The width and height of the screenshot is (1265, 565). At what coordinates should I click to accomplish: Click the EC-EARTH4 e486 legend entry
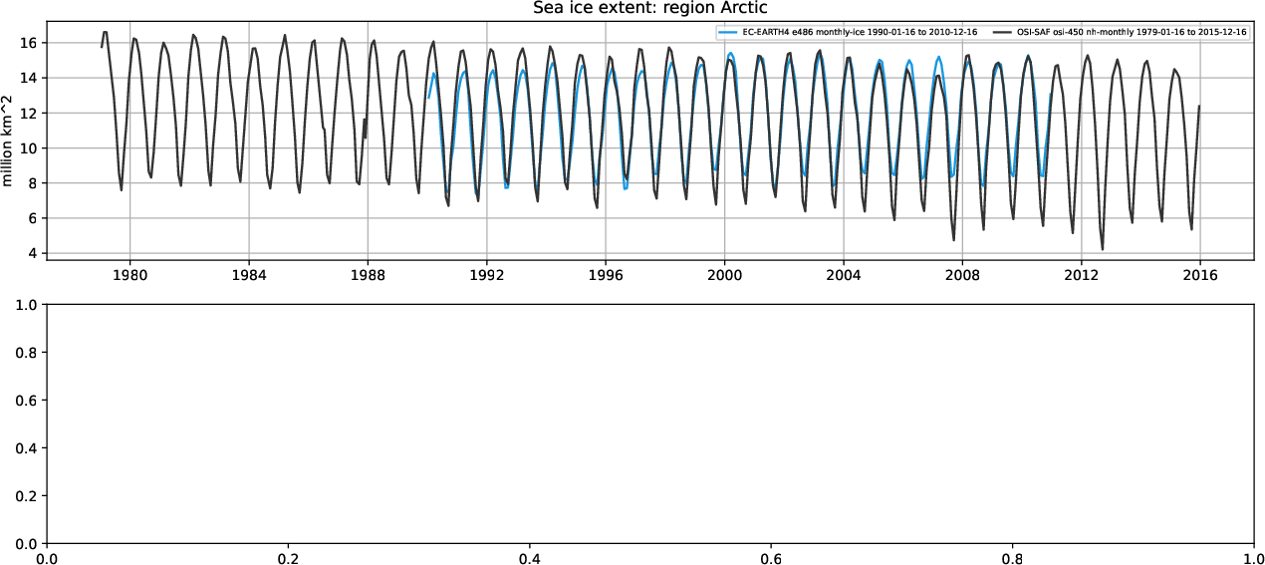858,33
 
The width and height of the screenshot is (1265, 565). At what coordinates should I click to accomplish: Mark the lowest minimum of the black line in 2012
1103,249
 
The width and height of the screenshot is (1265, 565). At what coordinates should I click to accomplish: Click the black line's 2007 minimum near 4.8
953,240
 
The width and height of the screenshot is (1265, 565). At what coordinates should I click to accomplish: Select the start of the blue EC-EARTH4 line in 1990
428,98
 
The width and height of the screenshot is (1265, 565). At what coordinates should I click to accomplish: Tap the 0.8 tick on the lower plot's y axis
24,353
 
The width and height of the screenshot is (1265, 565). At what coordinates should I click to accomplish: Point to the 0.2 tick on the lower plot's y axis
24,496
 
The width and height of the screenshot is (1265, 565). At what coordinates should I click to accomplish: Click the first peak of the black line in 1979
106,32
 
